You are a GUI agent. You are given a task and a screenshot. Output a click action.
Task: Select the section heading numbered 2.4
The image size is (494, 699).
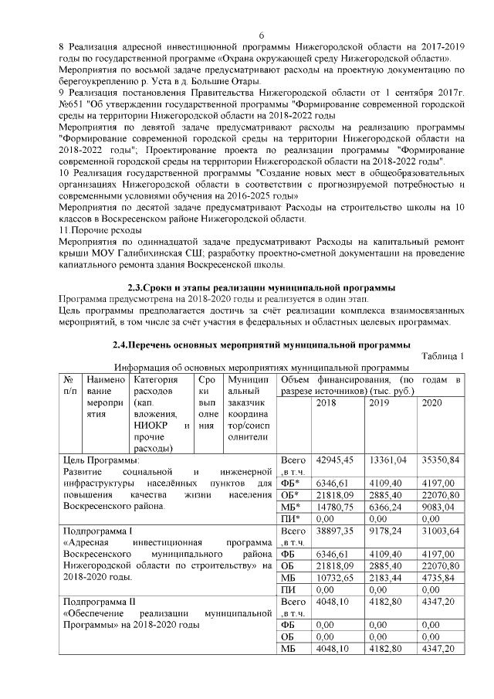point(261,344)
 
